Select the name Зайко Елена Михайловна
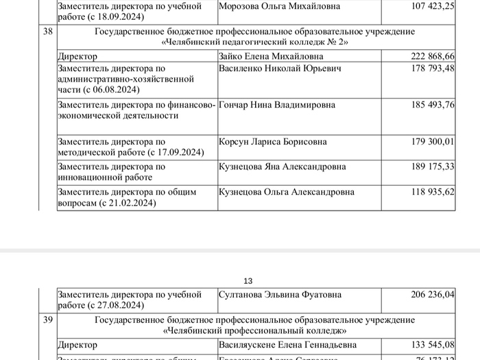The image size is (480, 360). (269, 56)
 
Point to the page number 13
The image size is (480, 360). (248, 281)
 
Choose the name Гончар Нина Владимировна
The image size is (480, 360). (278, 105)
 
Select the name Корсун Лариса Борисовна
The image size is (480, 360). (272, 142)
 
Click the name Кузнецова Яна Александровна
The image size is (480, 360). (282, 167)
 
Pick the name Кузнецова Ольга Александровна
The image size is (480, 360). (287, 192)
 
